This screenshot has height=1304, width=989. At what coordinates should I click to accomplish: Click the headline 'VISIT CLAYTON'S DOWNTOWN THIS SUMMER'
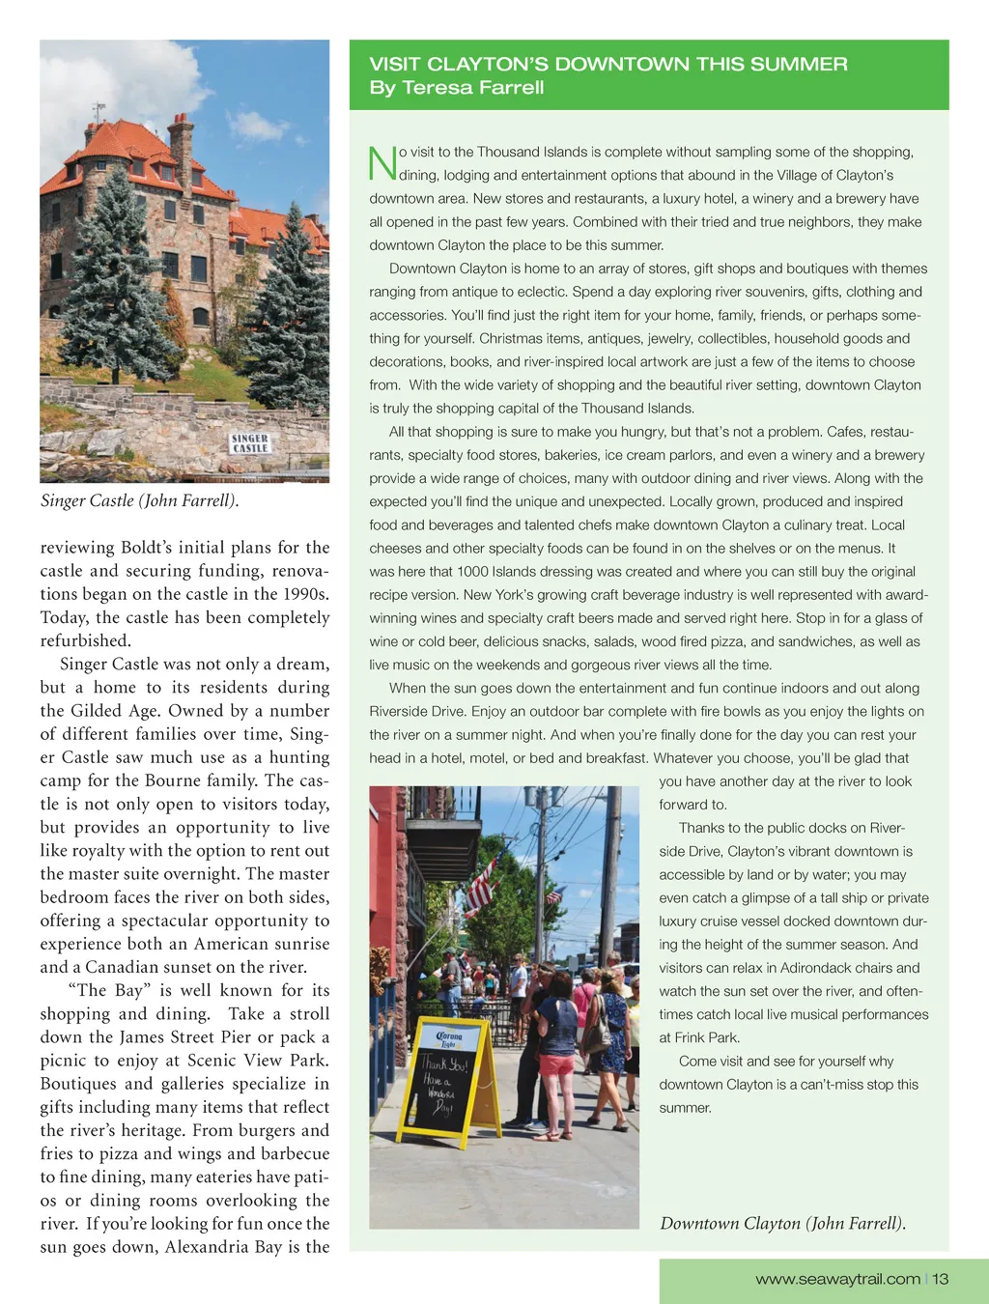(x=608, y=65)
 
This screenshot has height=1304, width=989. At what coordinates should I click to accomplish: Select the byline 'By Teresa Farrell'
(x=457, y=88)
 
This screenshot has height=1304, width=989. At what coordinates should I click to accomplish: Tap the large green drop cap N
(x=382, y=163)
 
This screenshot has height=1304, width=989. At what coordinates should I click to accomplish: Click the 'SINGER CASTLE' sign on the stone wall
(x=250, y=443)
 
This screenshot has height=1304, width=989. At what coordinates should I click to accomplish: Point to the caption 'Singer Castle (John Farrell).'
(x=139, y=500)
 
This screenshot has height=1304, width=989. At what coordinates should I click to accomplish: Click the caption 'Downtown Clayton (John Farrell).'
(x=782, y=1224)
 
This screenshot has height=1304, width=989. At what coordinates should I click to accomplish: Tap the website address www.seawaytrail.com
(x=837, y=1279)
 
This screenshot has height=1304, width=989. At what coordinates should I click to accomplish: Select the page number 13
(x=941, y=1279)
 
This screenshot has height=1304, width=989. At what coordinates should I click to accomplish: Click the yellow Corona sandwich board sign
(x=448, y=1082)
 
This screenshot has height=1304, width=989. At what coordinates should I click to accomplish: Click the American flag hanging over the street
(x=480, y=886)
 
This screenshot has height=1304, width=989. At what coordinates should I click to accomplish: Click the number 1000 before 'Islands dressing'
(x=473, y=572)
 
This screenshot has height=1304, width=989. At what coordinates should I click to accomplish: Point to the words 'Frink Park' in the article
(x=707, y=1038)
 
